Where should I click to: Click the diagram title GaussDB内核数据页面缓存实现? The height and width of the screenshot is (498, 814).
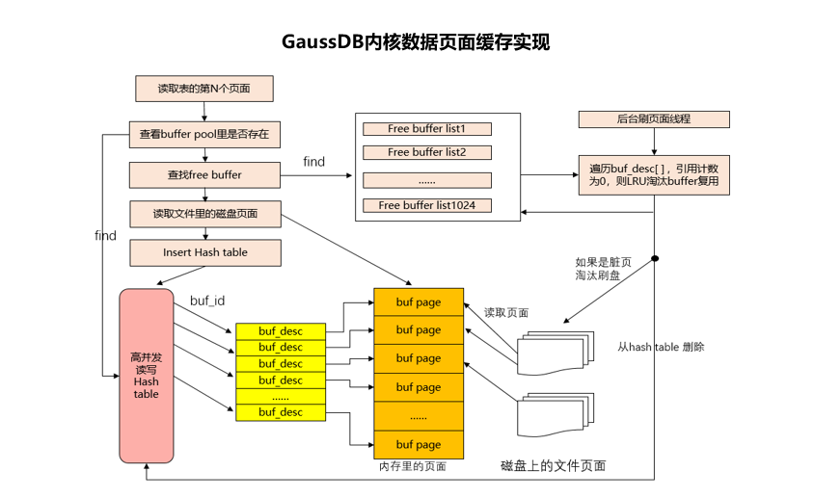click(x=416, y=42)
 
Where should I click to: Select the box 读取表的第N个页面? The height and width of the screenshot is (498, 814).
click(x=204, y=89)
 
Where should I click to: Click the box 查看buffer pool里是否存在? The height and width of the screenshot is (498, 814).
click(x=204, y=135)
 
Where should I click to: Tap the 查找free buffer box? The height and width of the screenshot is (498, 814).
click(x=204, y=174)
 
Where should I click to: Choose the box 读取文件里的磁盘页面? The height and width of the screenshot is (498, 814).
click(x=204, y=213)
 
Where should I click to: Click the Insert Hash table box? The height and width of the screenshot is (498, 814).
click(x=204, y=252)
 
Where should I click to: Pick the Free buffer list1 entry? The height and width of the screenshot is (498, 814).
click(x=426, y=129)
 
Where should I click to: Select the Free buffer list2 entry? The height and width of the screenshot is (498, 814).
click(x=426, y=152)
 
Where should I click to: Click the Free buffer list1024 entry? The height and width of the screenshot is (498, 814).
click(x=426, y=205)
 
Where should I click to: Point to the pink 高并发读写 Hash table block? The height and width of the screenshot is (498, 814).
click(x=147, y=375)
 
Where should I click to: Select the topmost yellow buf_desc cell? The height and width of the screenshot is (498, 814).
click(x=280, y=331)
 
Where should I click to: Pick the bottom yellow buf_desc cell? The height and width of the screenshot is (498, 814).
click(x=280, y=412)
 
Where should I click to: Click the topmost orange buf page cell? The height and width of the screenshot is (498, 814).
click(x=418, y=301)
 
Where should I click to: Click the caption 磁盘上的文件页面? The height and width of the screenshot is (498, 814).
click(x=554, y=465)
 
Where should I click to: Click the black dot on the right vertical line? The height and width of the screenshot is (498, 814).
click(x=655, y=259)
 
